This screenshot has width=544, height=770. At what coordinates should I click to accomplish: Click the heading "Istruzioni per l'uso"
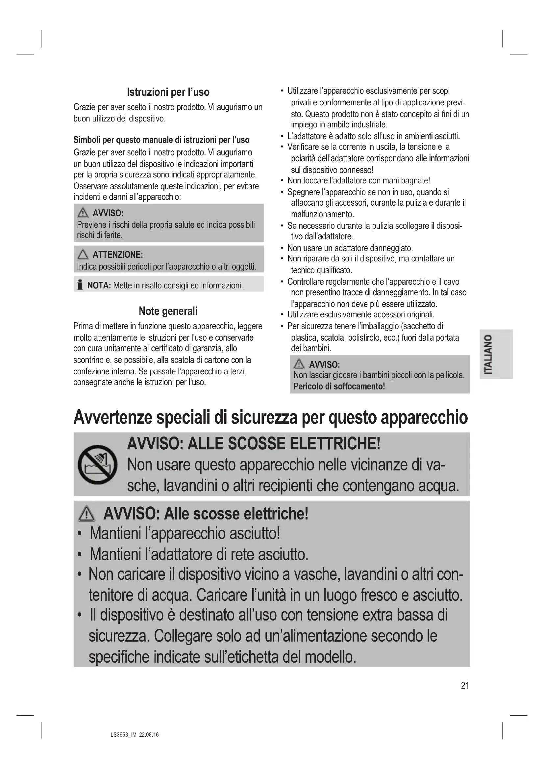click(x=168, y=92)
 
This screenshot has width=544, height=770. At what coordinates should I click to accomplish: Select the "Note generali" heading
click(x=168, y=311)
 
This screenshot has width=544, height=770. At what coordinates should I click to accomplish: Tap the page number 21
click(x=465, y=685)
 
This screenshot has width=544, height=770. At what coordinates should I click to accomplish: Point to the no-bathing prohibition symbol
click(x=97, y=464)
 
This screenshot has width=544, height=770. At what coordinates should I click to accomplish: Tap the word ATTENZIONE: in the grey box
click(x=117, y=254)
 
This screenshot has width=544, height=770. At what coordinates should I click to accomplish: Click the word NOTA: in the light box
click(x=99, y=285)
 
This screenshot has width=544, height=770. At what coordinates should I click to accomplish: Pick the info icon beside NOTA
click(x=80, y=285)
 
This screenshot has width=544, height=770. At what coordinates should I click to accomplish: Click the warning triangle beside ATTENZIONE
click(x=83, y=255)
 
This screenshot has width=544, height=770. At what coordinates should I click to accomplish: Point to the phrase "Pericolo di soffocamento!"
click(x=339, y=386)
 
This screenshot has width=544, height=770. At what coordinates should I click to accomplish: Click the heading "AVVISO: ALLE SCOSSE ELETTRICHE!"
click(x=254, y=444)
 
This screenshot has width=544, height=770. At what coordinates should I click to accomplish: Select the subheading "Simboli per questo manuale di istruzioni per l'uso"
click(x=161, y=140)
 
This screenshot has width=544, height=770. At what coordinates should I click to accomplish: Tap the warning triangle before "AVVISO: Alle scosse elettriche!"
click(x=87, y=514)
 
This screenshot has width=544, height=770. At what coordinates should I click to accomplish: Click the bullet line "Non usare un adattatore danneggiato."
click(x=350, y=248)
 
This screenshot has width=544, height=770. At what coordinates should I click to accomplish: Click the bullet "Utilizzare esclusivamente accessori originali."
click(x=360, y=315)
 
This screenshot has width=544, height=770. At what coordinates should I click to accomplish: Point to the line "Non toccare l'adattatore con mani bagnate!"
click(x=359, y=180)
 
